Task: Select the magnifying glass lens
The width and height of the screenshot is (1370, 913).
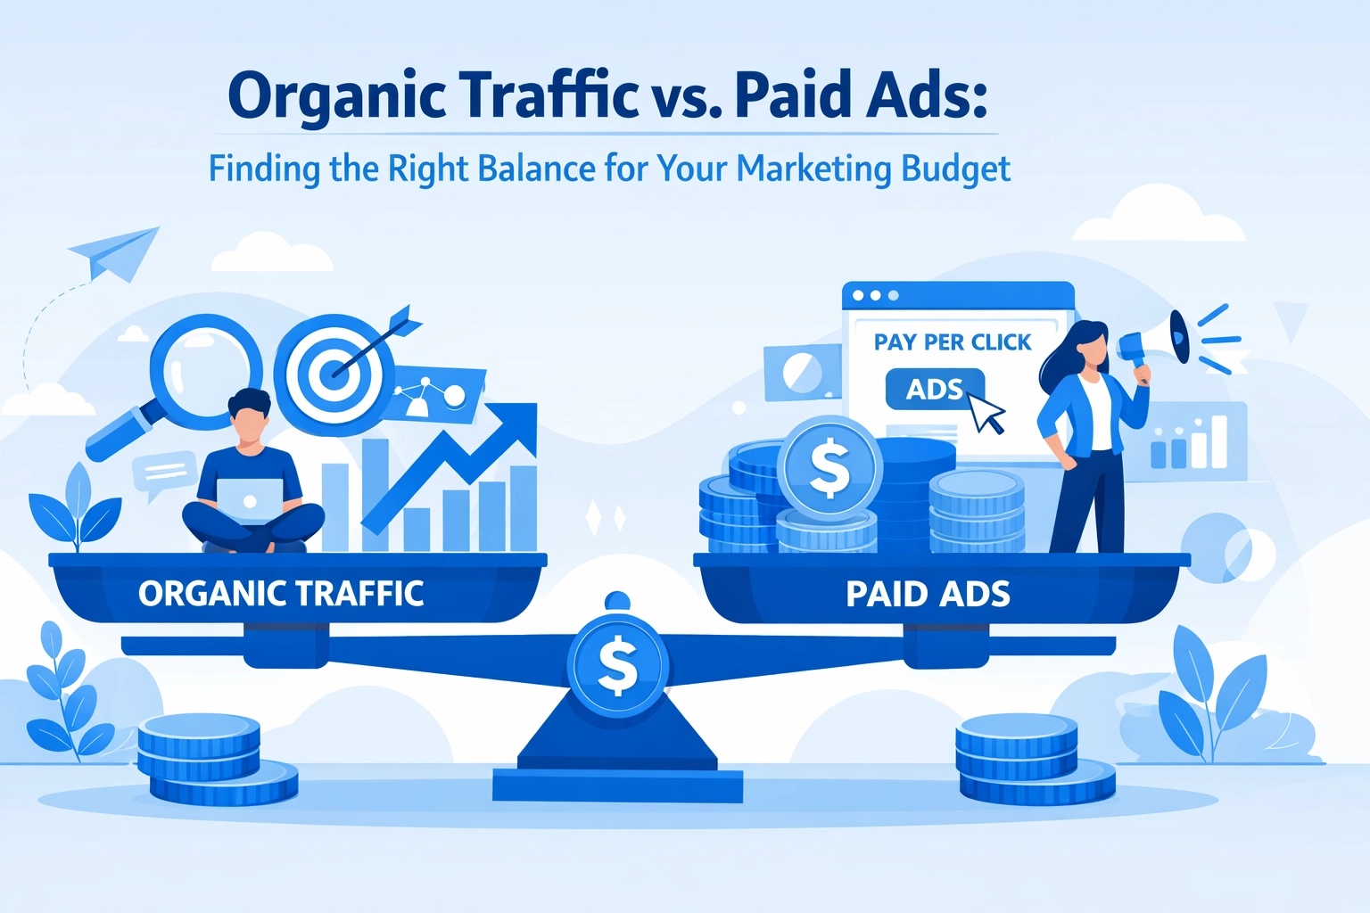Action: pyautogui.click(x=206, y=371)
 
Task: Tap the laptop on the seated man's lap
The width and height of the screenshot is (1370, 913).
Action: pyautogui.click(x=250, y=501)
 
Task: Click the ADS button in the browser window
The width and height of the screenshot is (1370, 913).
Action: pyautogui.click(x=935, y=389)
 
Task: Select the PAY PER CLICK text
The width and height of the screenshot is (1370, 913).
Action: pyautogui.click(x=953, y=342)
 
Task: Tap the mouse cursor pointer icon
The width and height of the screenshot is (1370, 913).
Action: pyautogui.click(x=986, y=413)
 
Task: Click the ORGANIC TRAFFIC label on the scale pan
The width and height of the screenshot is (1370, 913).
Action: pyautogui.click(x=281, y=593)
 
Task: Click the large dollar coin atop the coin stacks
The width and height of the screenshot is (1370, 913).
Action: pyautogui.click(x=829, y=468)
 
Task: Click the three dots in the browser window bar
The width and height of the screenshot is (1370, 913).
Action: pyautogui.click(x=875, y=295)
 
